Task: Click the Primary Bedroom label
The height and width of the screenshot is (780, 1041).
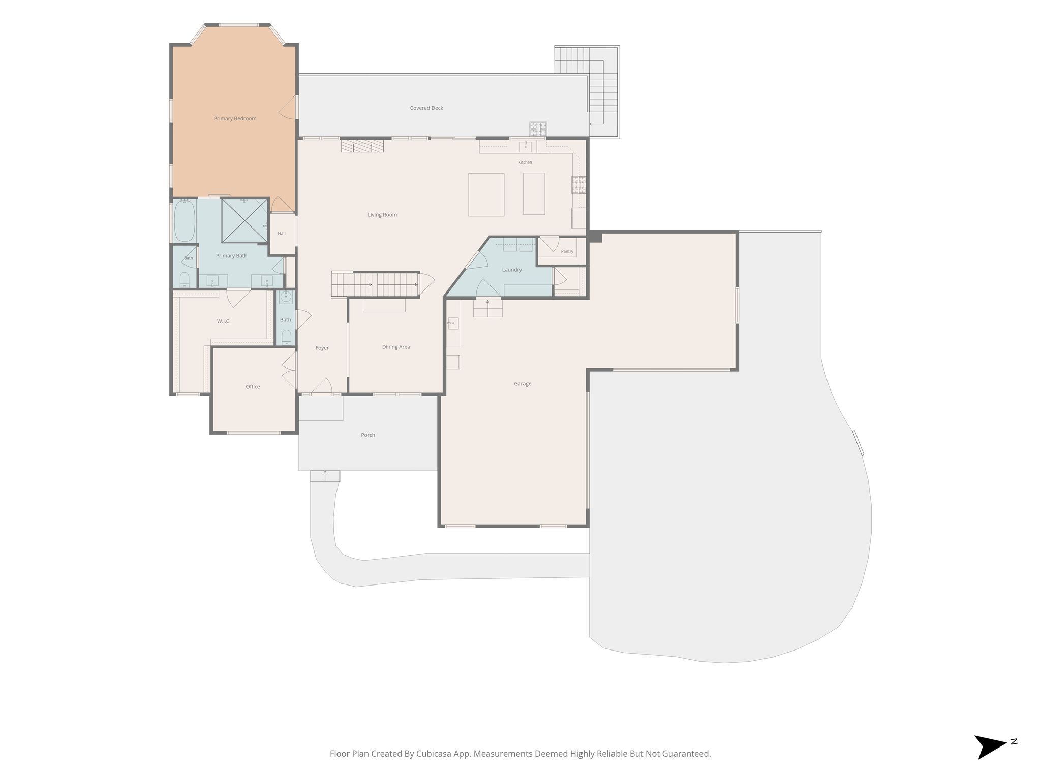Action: click(235, 119)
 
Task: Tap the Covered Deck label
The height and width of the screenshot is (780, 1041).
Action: click(426, 108)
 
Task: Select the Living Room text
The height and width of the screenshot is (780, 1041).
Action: click(382, 215)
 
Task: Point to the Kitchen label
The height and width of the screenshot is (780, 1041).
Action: click(525, 162)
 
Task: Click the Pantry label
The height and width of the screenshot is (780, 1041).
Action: click(567, 252)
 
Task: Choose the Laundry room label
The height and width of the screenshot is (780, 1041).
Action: click(512, 270)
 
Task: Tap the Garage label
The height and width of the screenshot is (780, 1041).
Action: click(523, 384)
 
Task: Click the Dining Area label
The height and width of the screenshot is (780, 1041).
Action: click(396, 347)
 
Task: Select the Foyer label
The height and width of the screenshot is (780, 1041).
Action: click(322, 348)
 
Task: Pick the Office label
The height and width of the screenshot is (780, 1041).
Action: click(253, 387)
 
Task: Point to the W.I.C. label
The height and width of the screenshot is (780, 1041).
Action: click(224, 321)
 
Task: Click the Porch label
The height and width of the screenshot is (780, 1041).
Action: click(368, 435)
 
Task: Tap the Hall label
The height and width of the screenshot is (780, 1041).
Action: click(282, 234)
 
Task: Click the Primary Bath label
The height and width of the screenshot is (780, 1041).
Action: click(231, 256)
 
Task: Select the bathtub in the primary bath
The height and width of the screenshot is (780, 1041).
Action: click(185, 221)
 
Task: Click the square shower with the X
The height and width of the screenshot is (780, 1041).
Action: click(245, 220)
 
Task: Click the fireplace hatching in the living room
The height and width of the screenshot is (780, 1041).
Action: click(362, 146)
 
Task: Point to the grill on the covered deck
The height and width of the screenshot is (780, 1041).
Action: click(538, 129)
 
